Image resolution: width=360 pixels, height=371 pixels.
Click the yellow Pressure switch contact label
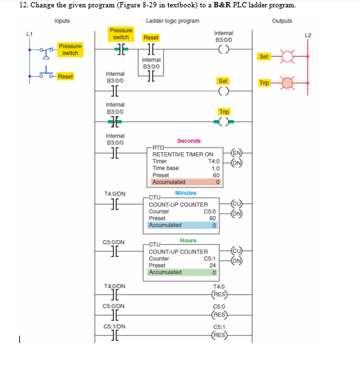click(x=121, y=34)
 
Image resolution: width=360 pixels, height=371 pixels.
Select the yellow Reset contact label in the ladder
click(x=151, y=38)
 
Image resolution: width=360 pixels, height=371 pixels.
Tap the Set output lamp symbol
click(x=287, y=56)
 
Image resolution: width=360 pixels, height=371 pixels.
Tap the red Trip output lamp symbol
click(x=287, y=83)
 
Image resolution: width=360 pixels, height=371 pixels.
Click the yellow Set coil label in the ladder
click(x=223, y=81)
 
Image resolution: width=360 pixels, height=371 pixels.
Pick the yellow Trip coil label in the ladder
click(x=223, y=111)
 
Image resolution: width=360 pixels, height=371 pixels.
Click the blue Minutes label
click(x=186, y=193)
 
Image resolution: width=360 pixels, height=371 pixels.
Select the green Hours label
click(x=188, y=240)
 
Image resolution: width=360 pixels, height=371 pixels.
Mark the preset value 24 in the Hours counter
click(x=212, y=265)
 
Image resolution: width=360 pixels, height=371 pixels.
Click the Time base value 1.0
click(x=215, y=168)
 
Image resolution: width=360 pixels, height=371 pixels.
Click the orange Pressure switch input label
click(x=70, y=49)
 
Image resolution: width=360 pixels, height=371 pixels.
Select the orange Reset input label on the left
click(x=65, y=77)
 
